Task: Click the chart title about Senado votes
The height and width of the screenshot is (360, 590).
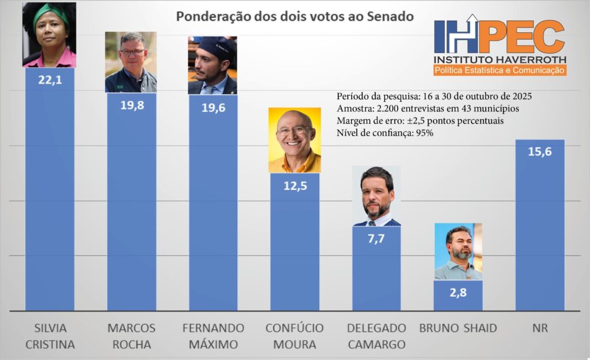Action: [x=294, y=16]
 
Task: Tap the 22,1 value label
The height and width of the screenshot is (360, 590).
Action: [x=50, y=79]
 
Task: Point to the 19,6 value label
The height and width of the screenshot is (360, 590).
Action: [x=213, y=107]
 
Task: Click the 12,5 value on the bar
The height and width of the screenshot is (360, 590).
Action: [x=294, y=186]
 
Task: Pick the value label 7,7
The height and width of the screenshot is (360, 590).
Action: [x=376, y=238]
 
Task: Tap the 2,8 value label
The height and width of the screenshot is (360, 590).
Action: [x=458, y=293]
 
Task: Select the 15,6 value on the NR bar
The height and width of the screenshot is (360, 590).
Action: [x=540, y=152]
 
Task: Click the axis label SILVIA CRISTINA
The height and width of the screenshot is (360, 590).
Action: [x=50, y=336]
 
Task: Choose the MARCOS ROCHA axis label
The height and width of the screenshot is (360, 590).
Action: [x=131, y=336]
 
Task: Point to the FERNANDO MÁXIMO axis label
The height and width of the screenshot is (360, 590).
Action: [x=213, y=336]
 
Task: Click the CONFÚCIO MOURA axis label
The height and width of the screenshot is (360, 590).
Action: [x=294, y=336]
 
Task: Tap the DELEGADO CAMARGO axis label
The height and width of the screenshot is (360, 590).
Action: [x=376, y=336]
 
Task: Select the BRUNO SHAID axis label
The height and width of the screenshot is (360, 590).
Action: [x=458, y=328]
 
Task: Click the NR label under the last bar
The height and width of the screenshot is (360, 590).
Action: [x=540, y=328]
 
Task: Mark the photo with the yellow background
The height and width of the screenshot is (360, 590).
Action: [x=294, y=140]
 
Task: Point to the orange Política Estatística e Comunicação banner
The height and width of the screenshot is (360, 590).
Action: [x=499, y=70]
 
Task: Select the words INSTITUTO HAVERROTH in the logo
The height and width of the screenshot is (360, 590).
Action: [x=500, y=59]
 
